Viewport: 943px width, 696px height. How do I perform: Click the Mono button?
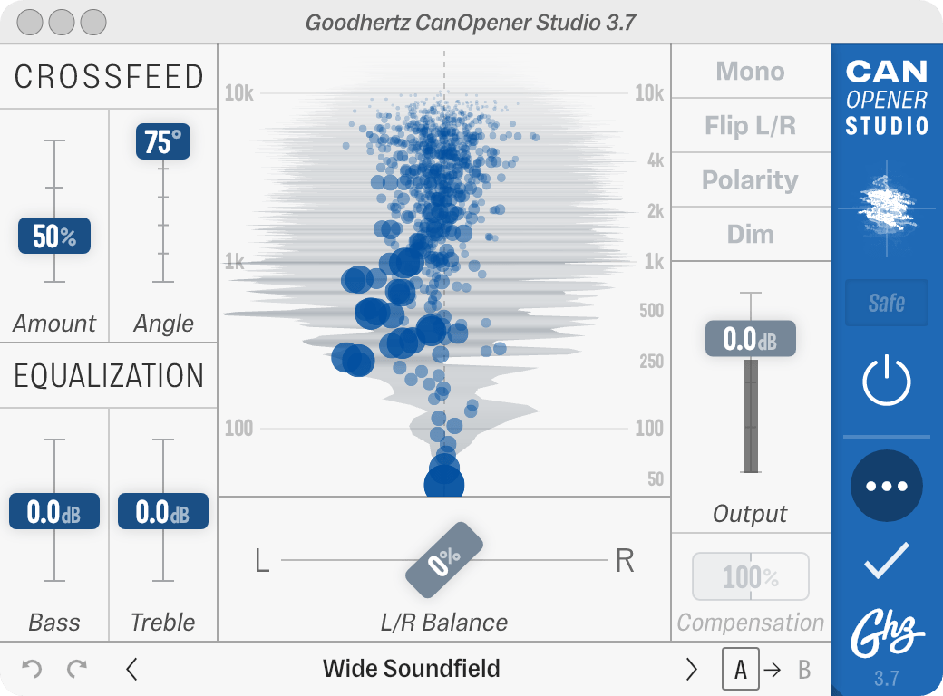pos(750,72)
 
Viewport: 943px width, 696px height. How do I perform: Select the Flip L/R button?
pos(750,126)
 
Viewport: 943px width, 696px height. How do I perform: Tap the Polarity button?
pos(750,180)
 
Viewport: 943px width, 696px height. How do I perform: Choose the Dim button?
pos(750,235)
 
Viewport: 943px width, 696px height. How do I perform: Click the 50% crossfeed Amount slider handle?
pos(54,237)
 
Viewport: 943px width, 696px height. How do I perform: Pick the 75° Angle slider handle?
pos(163,142)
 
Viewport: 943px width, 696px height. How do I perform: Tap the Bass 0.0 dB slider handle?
pos(54,512)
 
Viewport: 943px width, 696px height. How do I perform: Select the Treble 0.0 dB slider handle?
pos(163,512)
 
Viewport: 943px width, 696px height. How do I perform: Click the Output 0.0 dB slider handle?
pos(750,339)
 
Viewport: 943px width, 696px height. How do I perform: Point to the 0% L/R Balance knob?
pos(444,561)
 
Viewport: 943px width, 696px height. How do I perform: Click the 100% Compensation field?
pos(750,576)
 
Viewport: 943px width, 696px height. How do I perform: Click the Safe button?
pos(886,303)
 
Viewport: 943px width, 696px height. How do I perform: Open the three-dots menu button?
pos(886,486)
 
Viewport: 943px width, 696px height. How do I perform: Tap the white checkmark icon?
pos(886,561)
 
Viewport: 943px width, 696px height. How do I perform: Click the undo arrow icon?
pos(32,670)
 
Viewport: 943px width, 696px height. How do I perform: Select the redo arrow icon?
pos(77,670)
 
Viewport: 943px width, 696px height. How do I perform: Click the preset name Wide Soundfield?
pos(411,670)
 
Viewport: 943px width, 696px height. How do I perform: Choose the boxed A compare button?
pos(741,670)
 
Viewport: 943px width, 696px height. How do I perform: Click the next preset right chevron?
pos(692,670)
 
